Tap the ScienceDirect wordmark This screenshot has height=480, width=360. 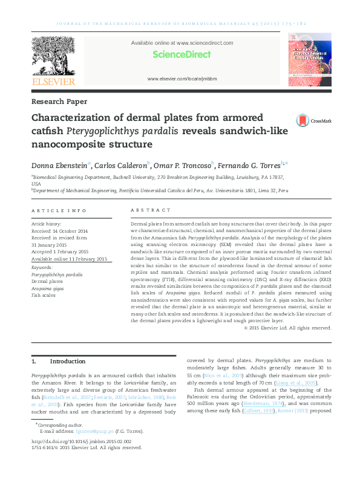(182, 54)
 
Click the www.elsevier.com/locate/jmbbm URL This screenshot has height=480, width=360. (182, 79)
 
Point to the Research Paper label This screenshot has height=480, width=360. (59, 102)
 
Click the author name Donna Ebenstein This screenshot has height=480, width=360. (59, 165)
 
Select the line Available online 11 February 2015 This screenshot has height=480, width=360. (69, 259)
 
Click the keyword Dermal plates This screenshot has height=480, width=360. (47, 281)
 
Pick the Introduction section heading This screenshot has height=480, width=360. (67, 362)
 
